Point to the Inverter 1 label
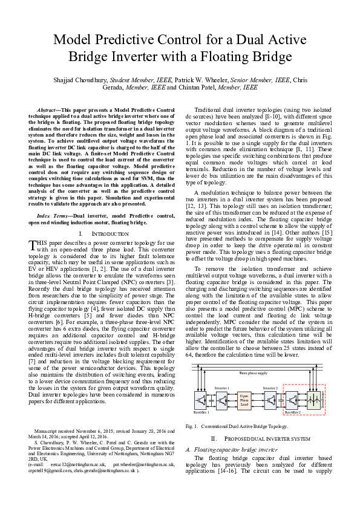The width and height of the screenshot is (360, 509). pyautogui.click(x=221, y=387)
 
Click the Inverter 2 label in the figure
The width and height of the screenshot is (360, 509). pyautogui.click(x=270, y=387)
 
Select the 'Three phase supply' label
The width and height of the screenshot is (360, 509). pyautogui.click(x=253, y=374)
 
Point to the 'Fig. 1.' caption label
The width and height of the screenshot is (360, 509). pyautogui.click(x=192, y=426)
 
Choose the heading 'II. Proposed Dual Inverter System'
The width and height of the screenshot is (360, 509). pyautogui.click(x=258, y=438)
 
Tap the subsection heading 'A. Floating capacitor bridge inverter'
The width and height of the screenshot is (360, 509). pyautogui.click(x=227, y=449)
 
